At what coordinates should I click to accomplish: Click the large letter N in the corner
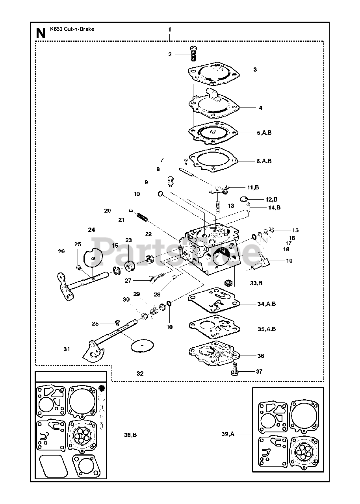[x=41, y=33]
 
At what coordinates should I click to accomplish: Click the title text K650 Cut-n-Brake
[x=72, y=29]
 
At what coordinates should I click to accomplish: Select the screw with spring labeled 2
[x=193, y=53]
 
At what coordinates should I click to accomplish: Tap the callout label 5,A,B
[x=264, y=133]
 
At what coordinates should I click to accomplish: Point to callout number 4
[x=261, y=108]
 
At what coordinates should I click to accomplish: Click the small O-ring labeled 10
[x=160, y=194]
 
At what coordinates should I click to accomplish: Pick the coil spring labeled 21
[x=142, y=217]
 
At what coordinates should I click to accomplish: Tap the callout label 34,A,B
[x=267, y=304]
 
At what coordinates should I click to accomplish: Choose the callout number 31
[x=67, y=349]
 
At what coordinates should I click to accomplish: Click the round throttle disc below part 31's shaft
[x=142, y=345]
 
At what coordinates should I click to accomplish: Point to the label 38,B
[x=130, y=435]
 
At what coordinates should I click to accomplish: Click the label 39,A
[x=228, y=434]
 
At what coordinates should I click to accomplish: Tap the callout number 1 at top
[x=170, y=30]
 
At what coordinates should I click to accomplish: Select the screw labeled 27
[x=157, y=277]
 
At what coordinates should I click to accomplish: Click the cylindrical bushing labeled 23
[x=130, y=266]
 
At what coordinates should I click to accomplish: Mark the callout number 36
[x=261, y=356]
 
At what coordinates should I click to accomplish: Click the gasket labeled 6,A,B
[x=213, y=160]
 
